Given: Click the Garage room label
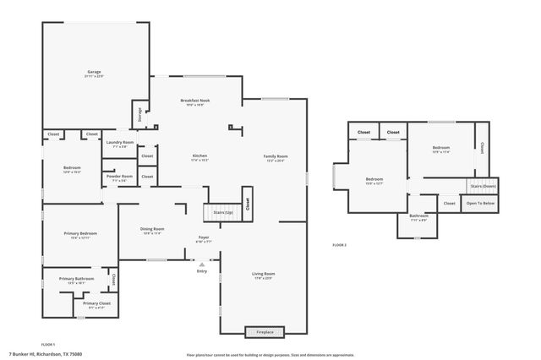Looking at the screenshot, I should pos(94,73).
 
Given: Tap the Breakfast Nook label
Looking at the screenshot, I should pos(195,101).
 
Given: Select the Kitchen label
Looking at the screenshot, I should pos(199,156).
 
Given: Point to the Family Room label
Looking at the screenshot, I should pos(276,156).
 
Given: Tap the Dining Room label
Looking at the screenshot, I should pos(152,229).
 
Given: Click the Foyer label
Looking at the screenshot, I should pos(204,237).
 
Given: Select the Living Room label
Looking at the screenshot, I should pos(264,274).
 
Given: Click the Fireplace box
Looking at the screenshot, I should pos(265,331).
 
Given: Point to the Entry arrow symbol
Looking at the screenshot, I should pos(201,265).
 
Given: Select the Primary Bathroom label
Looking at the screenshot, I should pos(77,279).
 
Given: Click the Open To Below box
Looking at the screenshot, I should pos(481,203).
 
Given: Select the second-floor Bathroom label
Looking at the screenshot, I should pos(419,216).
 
